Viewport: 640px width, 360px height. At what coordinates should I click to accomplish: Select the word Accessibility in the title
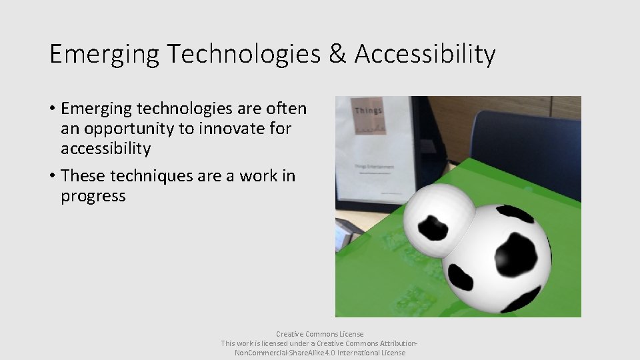pos(425,55)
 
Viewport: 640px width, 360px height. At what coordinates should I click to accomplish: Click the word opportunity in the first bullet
pos(135,127)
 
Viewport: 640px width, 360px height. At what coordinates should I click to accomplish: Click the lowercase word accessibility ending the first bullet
pos(105,148)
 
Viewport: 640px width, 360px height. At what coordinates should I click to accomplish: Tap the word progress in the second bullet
pos(93,196)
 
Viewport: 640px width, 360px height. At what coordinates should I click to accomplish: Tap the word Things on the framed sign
pos(369,111)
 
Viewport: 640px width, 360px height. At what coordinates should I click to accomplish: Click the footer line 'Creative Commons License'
pos(319,333)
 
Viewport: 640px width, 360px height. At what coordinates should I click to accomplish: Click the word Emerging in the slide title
pos(103,55)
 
